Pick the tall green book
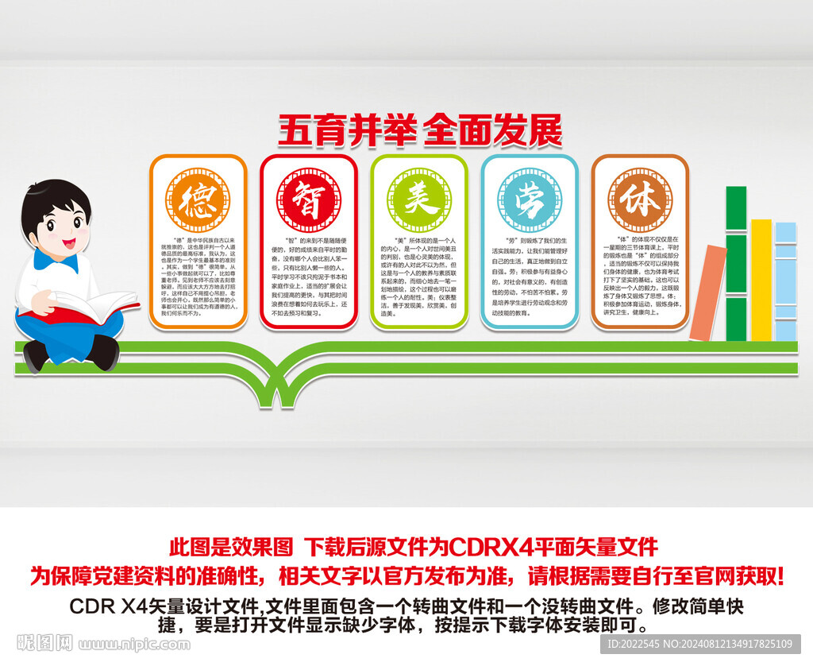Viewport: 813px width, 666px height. tap(737, 262)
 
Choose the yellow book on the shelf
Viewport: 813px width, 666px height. tap(761, 278)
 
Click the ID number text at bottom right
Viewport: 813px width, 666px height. tap(699, 643)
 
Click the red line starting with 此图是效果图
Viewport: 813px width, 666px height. tap(413, 547)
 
